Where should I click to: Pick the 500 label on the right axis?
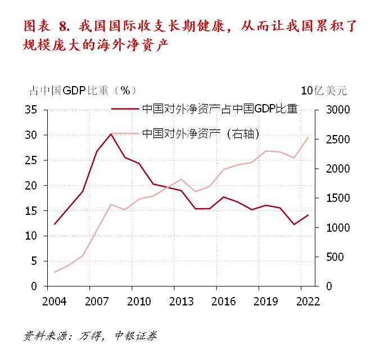click(329, 257)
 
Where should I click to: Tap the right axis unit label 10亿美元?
click(324, 91)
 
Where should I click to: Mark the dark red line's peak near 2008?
click(111, 134)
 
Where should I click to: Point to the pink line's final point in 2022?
click(307, 137)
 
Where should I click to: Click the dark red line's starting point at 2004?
click(55, 224)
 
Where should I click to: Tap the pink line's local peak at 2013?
click(181, 179)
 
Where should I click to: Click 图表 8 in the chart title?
click(51, 26)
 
